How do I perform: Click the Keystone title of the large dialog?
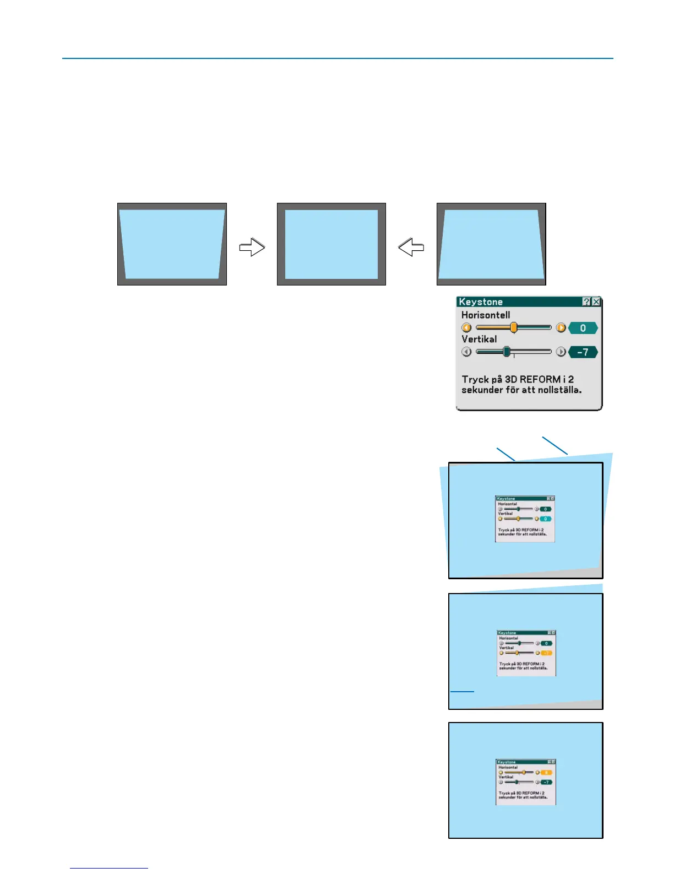click(x=481, y=302)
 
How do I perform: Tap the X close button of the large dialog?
click(x=596, y=301)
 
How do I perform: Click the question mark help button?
click(x=586, y=301)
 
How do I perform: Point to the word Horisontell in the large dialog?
click(x=486, y=315)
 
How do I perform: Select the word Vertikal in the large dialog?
click(x=479, y=339)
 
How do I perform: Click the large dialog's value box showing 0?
click(x=583, y=328)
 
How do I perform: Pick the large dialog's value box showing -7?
click(x=583, y=352)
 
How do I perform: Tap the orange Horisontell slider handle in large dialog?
click(x=514, y=328)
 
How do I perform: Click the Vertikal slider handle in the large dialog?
click(x=507, y=352)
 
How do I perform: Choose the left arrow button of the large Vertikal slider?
click(x=467, y=352)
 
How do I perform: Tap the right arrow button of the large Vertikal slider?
click(x=561, y=352)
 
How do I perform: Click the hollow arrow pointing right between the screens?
click(x=252, y=247)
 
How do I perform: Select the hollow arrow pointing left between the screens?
click(x=411, y=247)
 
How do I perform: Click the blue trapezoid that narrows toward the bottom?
click(x=172, y=244)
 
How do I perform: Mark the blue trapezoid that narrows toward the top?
click(x=491, y=244)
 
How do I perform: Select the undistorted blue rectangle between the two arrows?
click(x=331, y=244)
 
